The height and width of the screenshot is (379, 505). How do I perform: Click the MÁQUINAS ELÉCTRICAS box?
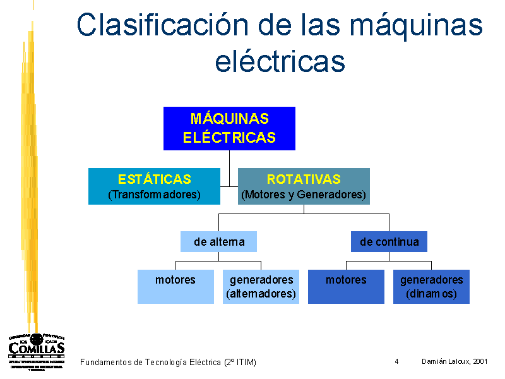[x=229, y=128]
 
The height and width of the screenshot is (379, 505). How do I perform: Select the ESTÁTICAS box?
[x=154, y=186]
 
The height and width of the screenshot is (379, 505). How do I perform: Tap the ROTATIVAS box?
[x=304, y=186]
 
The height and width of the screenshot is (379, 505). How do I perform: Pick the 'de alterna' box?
[x=219, y=241]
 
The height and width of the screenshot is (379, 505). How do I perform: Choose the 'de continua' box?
[x=389, y=241]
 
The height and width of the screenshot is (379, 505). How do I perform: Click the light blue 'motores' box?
[x=175, y=286]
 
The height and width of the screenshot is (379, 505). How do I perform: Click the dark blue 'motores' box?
[x=346, y=286]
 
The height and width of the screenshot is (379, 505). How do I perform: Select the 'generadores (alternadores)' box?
[x=261, y=286]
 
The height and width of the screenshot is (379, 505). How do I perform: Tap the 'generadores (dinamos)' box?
[x=432, y=286]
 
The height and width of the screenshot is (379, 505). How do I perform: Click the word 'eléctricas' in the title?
[x=280, y=61]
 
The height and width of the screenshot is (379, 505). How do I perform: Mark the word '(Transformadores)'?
[x=154, y=195]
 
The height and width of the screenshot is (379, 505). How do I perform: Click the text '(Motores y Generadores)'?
[x=304, y=195]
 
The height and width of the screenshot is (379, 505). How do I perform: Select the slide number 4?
[x=396, y=361]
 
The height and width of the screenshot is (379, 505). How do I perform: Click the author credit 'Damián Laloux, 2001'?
[x=454, y=361]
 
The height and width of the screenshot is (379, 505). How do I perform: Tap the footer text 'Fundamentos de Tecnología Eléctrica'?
[x=151, y=362]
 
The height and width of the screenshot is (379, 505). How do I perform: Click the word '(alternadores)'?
[x=261, y=294]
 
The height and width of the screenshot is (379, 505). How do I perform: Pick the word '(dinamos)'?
[x=432, y=294]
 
